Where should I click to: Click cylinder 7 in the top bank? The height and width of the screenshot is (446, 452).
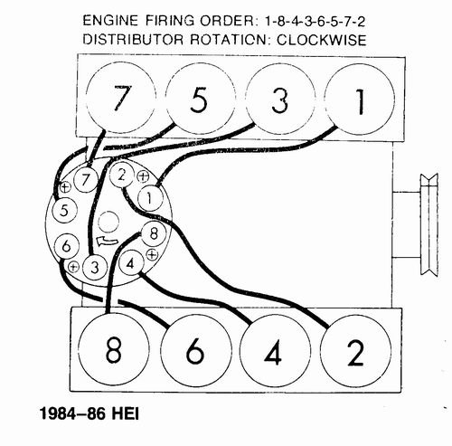(x=117, y=98)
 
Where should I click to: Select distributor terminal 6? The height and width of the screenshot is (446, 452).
(x=64, y=245)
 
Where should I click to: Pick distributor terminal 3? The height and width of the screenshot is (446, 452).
(x=92, y=267)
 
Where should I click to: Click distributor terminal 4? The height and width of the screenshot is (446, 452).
(x=129, y=264)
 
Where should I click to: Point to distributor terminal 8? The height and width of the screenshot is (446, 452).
(x=151, y=234)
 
